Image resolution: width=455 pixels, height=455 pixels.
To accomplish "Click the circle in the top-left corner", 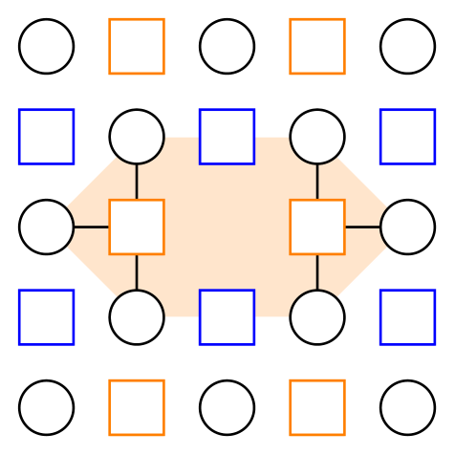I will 46,46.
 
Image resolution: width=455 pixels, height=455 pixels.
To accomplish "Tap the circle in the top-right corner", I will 408,46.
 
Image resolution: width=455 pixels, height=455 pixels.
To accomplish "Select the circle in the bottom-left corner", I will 46,407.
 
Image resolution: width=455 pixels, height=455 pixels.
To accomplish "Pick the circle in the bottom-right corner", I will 408,407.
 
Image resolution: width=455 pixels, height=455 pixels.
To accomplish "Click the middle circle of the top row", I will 227,46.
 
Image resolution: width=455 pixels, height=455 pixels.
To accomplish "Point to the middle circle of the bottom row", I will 227,407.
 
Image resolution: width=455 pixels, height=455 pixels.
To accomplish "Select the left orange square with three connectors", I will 137,227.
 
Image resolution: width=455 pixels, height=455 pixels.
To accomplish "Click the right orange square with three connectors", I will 317,227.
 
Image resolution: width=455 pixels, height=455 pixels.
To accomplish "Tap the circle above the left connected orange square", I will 137,137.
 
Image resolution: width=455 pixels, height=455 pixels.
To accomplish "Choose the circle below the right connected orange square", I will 317,316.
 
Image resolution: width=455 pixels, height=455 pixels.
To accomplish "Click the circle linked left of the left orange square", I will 46,227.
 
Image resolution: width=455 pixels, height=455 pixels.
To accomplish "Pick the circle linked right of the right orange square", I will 408,227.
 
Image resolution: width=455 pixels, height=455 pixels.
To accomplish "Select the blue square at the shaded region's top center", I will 227,137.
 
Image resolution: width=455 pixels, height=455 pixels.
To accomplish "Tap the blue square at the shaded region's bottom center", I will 227,316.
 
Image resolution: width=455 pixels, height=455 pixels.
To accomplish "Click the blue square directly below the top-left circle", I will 46,137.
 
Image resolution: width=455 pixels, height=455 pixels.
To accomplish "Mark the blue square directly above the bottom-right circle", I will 408,316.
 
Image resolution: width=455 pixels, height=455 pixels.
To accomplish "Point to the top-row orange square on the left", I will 137,46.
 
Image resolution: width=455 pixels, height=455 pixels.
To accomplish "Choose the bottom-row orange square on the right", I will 317,407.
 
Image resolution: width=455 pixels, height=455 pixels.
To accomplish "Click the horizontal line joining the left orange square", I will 92,227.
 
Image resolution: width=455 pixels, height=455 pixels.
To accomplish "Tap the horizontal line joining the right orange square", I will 362,227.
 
